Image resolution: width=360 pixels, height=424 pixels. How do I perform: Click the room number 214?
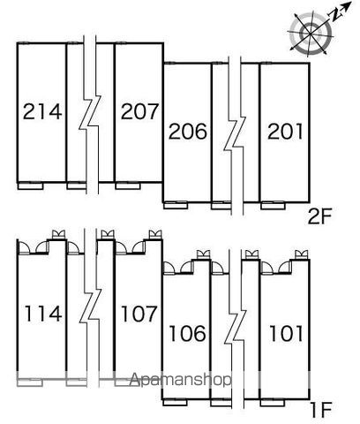42,111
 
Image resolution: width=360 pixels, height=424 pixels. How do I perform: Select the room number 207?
139,111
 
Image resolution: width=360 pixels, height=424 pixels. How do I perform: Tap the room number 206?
188,131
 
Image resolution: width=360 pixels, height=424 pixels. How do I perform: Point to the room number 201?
285,131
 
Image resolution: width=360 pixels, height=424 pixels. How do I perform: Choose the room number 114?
43,314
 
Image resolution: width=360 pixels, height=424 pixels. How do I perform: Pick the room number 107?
139,314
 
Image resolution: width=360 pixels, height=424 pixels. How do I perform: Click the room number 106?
187,333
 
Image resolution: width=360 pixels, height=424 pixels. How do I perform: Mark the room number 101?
286,333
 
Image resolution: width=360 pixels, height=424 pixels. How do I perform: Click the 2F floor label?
319,216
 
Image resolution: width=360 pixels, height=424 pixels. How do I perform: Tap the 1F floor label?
321,410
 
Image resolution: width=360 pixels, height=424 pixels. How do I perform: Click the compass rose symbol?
311,32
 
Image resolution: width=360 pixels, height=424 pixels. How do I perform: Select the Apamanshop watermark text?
180,380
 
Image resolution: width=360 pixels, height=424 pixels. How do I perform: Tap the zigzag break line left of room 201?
235,135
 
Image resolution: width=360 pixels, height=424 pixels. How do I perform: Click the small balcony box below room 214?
31,186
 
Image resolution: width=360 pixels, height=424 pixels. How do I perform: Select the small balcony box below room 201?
273,206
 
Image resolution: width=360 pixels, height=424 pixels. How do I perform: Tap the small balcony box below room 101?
273,403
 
